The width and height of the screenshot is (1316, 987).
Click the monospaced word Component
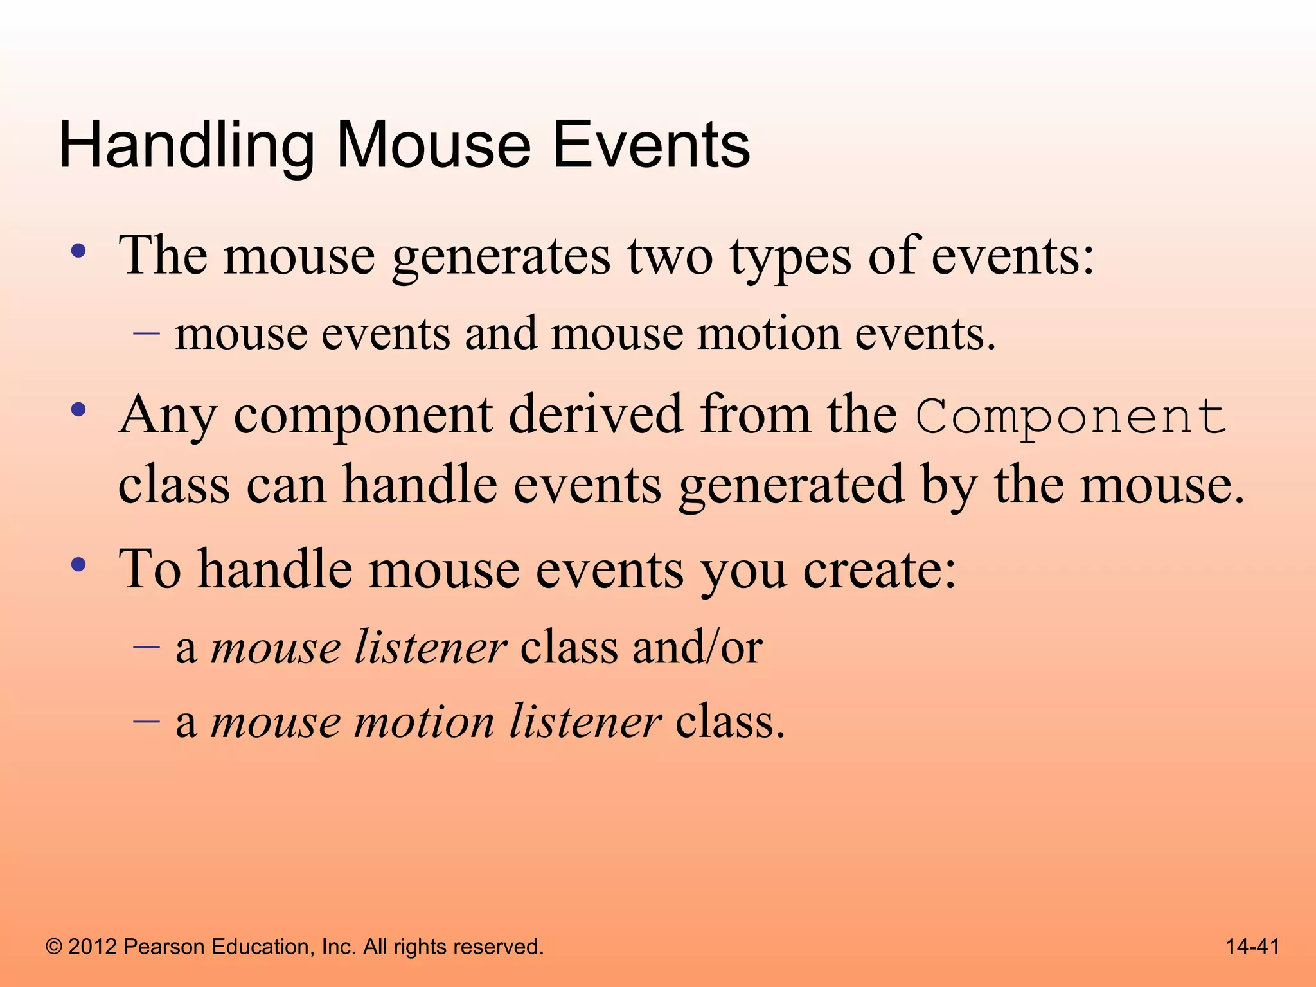click(x=1071, y=417)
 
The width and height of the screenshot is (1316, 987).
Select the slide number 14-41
click(x=1252, y=947)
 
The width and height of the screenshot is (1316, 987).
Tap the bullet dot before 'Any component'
click(x=78, y=409)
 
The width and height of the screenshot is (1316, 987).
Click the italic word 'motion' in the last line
click(x=424, y=722)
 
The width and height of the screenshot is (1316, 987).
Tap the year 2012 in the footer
click(x=93, y=947)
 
